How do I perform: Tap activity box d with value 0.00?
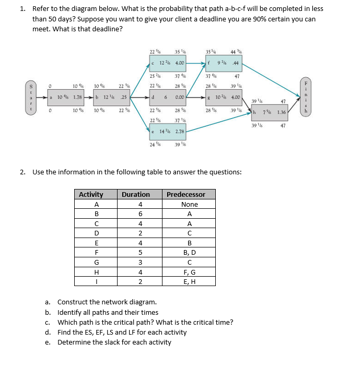pyautogui.click(x=167, y=97)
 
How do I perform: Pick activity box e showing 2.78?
pyautogui.click(x=167, y=133)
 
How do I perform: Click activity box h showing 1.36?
pyautogui.click(x=269, y=112)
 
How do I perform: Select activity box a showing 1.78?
pyautogui.click(x=65, y=97)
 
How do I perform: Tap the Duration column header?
pyautogui.click(x=135, y=194)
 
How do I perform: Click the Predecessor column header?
pyautogui.click(x=185, y=194)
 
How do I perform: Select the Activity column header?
pyautogui.click(x=91, y=194)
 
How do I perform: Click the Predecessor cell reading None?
pyautogui.click(x=189, y=205)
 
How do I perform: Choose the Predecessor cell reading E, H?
pyautogui.click(x=189, y=282)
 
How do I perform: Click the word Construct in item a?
pyautogui.click(x=73, y=302)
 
